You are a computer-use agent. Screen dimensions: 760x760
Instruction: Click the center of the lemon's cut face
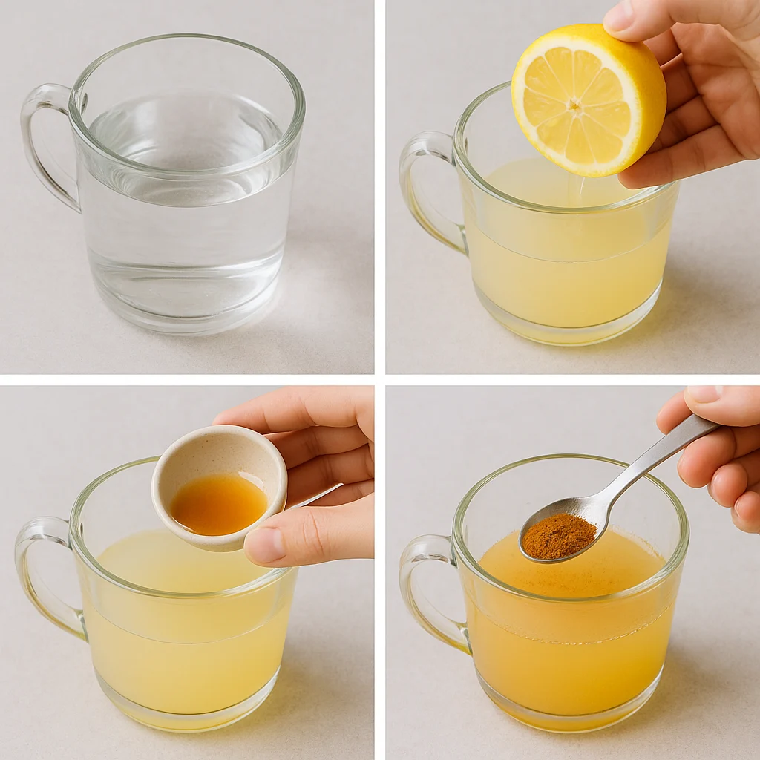coord(574,105)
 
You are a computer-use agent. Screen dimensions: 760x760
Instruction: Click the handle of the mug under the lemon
coord(422,186)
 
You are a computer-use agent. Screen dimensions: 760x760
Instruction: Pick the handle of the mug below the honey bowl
coord(41,571)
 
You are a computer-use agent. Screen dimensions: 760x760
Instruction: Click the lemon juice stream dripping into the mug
coord(570,191)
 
